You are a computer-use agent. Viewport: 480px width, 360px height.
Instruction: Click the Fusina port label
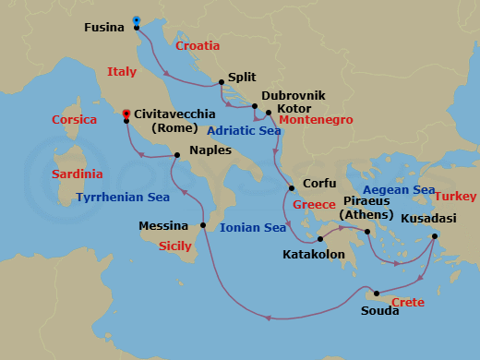coord(103,27)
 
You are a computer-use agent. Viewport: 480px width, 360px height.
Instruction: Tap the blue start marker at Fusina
coord(137,20)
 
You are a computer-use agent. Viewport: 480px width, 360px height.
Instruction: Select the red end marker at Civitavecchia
coord(126,113)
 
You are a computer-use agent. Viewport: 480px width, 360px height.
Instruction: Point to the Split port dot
coord(221,80)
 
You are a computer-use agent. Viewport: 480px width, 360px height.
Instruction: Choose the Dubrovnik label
coord(293,95)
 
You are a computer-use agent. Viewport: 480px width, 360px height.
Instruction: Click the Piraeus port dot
coord(367,231)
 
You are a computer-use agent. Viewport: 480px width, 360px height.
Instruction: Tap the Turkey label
coord(455,197)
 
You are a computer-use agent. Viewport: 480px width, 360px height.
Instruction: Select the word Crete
coord(408,303)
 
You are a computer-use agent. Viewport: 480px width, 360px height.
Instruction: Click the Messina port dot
coord(203,225)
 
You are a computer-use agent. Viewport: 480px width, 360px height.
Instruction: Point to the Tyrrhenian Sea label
coord(123,197)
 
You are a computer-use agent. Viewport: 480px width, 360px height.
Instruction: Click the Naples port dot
coord(176,155)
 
